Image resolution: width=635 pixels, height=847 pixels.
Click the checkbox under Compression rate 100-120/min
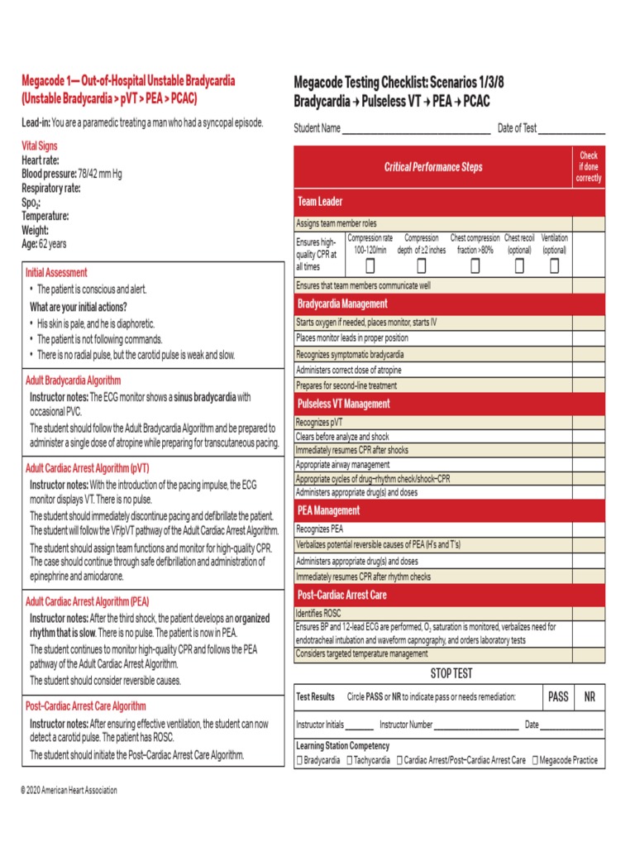click(x=370, y=266)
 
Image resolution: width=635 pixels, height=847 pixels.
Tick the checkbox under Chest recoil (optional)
click(x=519, y=266)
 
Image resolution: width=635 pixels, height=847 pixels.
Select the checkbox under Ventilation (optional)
click(x=555, y=266)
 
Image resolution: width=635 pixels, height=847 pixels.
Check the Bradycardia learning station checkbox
click(x=299, y=760)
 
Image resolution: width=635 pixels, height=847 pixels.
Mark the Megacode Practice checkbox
click(x=536, y=760)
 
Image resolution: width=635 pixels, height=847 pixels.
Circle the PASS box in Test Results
click(x=558, y=697)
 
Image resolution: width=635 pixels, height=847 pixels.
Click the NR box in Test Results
click(x=590, y=697)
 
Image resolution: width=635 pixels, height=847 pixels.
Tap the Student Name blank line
click(x=416, y=130)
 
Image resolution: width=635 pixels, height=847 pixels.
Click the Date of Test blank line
click(x=571, y=130)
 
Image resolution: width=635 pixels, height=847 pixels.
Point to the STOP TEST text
click(x=451, y=673)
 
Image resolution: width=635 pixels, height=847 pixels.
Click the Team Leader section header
click(x=320, y=201)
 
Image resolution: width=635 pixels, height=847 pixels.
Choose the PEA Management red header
click(x=328, y=510)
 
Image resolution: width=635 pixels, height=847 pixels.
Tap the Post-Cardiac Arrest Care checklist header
click(x=341, y=595)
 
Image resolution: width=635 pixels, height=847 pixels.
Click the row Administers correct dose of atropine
click(x=350, y=370)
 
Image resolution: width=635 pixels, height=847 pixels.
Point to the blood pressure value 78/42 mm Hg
click(x=98, y=175)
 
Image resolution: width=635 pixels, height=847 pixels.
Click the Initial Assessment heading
click(x=56, y=272)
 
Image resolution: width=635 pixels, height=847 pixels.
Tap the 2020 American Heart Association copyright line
click(x=69, y=791)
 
